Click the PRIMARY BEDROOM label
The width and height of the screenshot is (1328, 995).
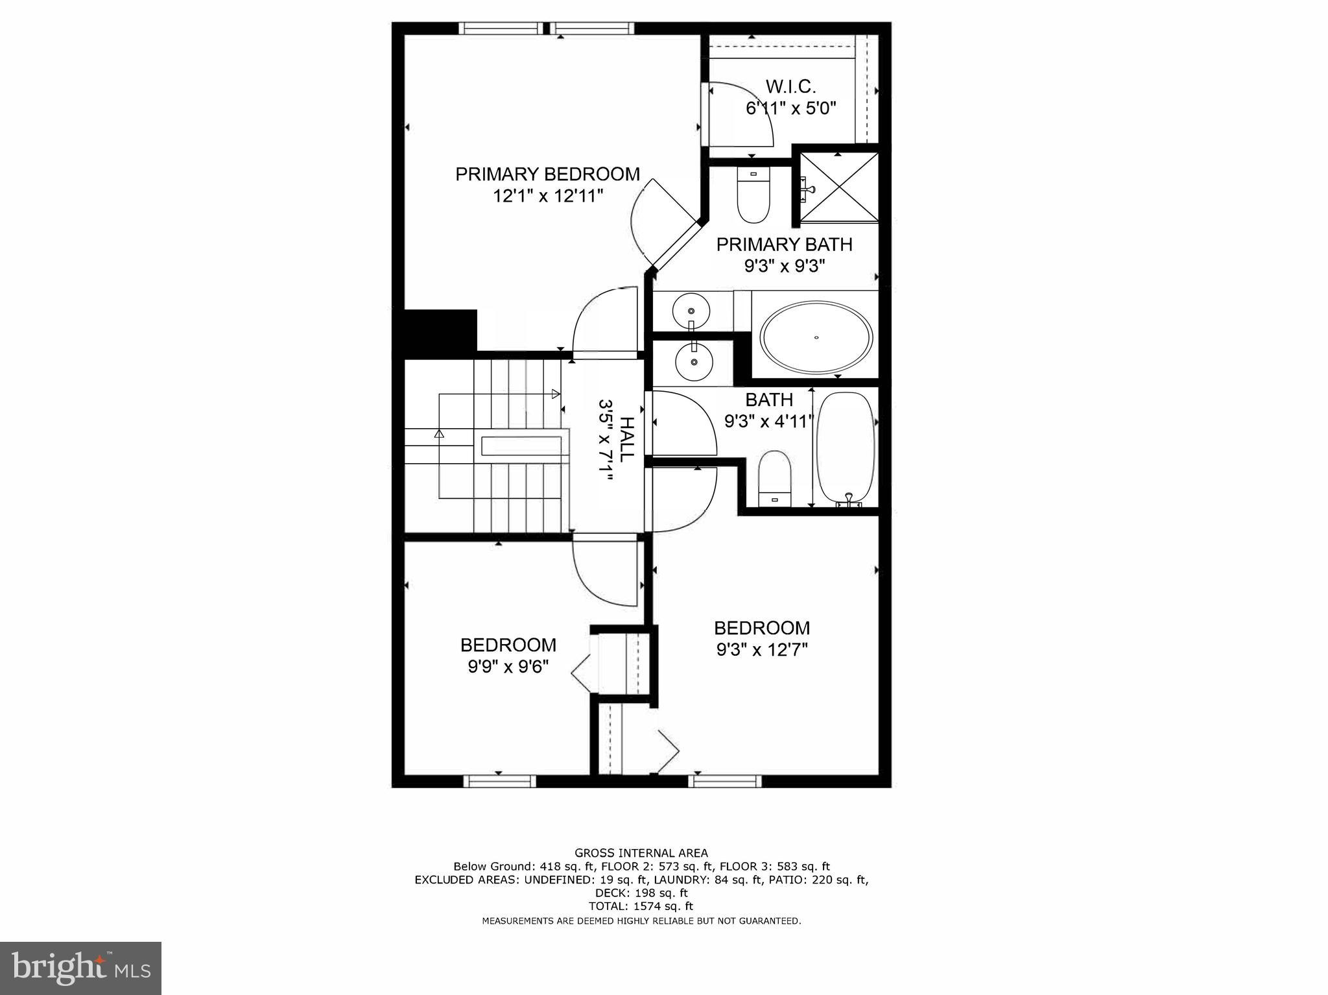coord(547,174)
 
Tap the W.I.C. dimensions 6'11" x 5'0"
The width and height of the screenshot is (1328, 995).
coord(790,108)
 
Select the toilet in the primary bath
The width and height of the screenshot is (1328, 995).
coord(753,195)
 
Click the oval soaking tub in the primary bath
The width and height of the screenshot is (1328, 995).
coord(816,337)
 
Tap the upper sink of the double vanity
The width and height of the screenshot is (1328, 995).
coord(690,312)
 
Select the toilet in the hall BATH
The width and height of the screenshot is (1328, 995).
coord(774,479)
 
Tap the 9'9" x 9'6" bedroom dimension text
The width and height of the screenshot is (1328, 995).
coord(508,666)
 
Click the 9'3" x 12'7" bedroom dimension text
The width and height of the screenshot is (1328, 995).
coord(762,649)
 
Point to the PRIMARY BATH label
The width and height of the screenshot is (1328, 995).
coord(783,245)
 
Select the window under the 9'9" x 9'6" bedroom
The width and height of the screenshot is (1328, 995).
coord(499,781)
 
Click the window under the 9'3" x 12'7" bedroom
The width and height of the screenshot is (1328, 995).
coord(724,781)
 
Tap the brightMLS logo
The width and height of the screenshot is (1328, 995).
coord(80,968)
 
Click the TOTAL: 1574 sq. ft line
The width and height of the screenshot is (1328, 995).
coord(641,906)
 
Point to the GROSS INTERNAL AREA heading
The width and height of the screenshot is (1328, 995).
coord(641,853)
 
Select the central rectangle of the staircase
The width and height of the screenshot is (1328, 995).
coord(521,446)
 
